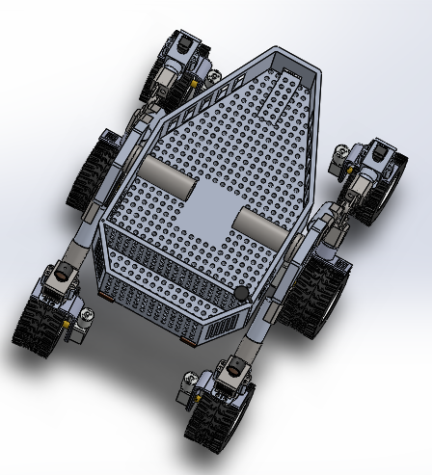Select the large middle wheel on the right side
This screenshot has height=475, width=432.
click(x=314, y=294)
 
